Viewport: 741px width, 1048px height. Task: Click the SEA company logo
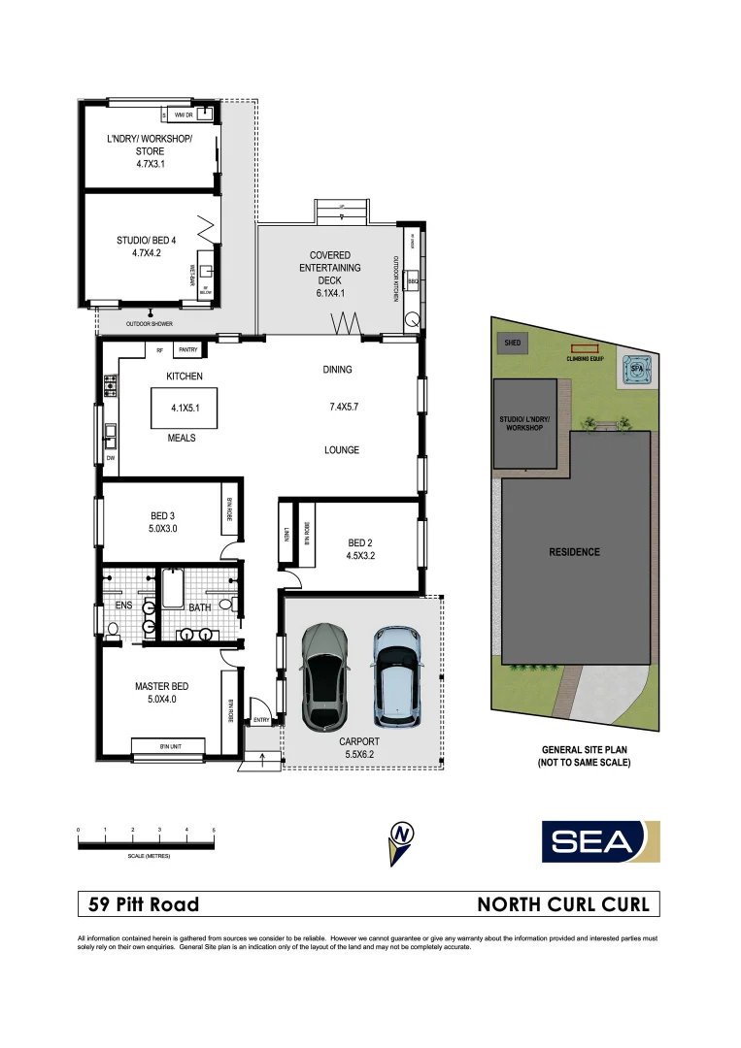click(x=600, y=840)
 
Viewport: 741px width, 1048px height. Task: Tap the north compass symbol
click(x=399, y=840)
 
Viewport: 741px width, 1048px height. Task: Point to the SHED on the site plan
click(x=511, y=343)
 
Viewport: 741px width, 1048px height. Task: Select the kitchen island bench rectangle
click(x=183, y=409)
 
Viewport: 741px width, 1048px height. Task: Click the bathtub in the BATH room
click(x=175, y=590)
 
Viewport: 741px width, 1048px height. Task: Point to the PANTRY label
click(x=188, y=350)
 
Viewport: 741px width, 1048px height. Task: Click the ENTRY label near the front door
click(x=261, y=720)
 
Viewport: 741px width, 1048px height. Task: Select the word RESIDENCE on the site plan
click(x=575, y=552)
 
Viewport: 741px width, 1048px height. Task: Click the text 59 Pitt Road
click(x=144, y=904)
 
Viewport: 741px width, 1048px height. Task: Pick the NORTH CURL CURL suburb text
click(x=563, y=904)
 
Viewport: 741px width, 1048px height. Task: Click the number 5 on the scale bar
click(x=213, y=831)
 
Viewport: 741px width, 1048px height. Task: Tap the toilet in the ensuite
click(x=114, y=629)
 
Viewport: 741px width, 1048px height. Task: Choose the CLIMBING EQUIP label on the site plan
click(x=586, y=359)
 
